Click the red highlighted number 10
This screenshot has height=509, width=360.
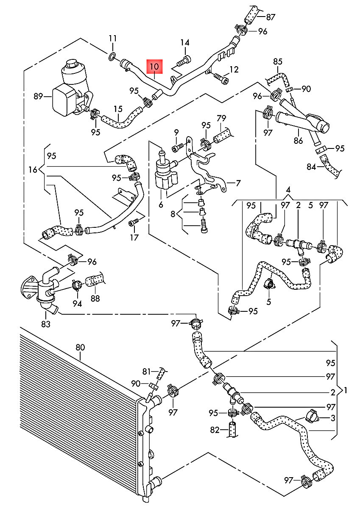pos(154,67)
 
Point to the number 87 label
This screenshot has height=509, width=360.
pos(271,17)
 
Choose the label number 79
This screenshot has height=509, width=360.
pos(221,117)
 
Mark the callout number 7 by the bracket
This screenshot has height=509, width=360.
pos(238,183)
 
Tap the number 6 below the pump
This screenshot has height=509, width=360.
pos(161,204)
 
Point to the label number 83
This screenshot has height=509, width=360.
pos(45,324)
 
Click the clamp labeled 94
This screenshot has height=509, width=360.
pos(77,285)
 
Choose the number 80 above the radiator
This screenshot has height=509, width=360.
pos(81,347)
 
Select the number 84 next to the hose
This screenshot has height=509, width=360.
pos(311,167)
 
